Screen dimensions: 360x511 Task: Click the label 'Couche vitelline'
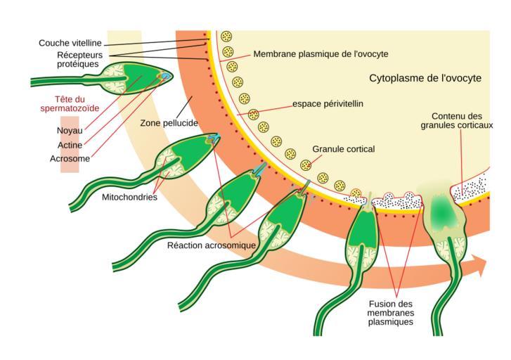pos(70,43)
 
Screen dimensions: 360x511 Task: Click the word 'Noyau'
pos(69,130)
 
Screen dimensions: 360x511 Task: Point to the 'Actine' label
pos(70,145)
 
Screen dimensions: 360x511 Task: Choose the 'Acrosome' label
pos(70,159)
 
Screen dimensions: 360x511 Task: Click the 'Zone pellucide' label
pos(169,122)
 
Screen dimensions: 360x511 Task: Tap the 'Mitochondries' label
pos(129,198)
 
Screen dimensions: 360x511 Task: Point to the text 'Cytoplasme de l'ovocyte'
pos(425,78)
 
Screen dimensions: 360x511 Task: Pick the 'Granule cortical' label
pos(343,149)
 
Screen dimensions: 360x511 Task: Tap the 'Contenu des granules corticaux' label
pos(457,120)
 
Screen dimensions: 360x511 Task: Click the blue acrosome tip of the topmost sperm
pos(167,76)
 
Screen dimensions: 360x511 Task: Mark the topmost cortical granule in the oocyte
pos(226,37)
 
